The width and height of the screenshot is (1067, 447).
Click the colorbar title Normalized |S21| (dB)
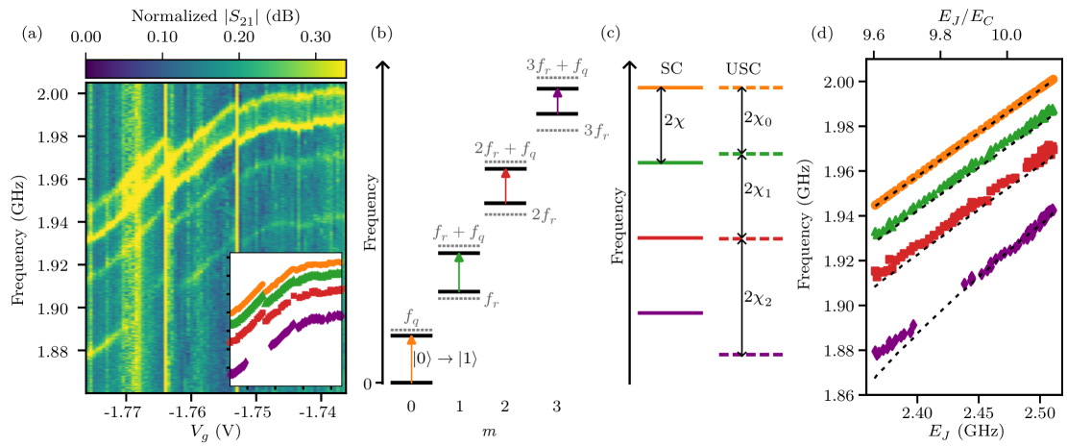pyautogui.click(x=214, y=14)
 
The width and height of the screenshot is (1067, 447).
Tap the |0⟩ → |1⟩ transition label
pyautogui.click(x=445, y=359)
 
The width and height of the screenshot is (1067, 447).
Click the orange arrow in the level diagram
pyautogui.click(x=411, y=359)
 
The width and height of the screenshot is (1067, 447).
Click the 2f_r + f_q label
pyautogui.click(x=505, y=151)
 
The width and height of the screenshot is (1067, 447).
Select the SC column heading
pyautogui.click(x=671, y=69)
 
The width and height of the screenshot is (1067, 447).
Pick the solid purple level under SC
pyautogui.click(x=670, y=312)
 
